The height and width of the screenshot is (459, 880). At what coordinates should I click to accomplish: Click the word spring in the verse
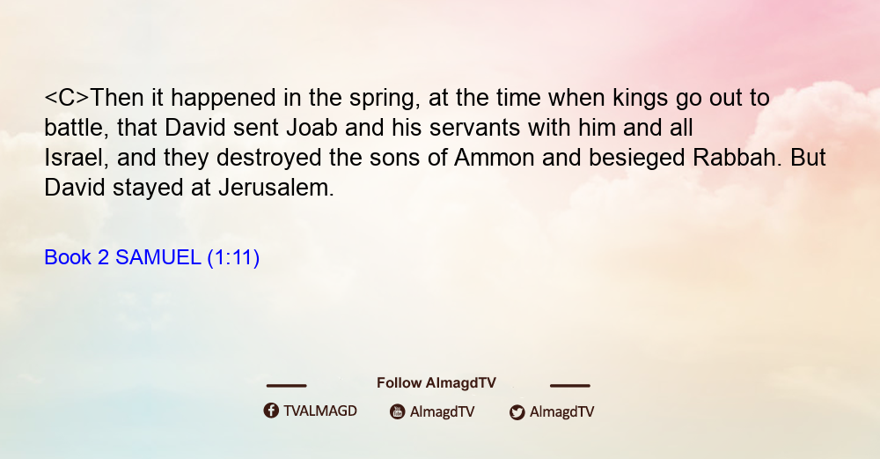point(385,99)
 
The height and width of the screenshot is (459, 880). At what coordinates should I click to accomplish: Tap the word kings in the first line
point(641,99)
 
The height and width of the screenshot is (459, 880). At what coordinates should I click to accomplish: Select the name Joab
point(312,128)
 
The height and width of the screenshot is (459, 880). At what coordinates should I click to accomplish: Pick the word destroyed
point(268,159)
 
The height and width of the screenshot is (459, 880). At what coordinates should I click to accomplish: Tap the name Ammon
point(494,158)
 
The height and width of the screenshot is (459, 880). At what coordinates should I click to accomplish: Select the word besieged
point(636,159)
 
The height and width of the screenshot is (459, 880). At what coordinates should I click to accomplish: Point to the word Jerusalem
point(276,188)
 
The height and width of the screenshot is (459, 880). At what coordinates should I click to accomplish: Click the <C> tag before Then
point(67,99)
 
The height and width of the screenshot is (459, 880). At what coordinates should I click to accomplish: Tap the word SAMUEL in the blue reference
point(158,258)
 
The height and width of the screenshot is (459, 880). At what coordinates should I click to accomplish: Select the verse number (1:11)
point(233,258)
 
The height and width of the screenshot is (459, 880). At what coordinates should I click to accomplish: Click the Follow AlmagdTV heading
point(436,383)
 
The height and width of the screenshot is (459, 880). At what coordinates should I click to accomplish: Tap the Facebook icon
point(271,411)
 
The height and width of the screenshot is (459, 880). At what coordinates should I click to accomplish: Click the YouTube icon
point(398,411)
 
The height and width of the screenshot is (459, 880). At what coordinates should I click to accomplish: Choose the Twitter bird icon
point(517,412)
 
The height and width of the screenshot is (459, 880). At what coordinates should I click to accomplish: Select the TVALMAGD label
point(320,411)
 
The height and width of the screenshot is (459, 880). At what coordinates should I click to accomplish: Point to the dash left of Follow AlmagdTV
point(286,386)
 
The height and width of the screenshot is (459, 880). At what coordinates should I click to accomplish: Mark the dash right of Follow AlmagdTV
point(570,386)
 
